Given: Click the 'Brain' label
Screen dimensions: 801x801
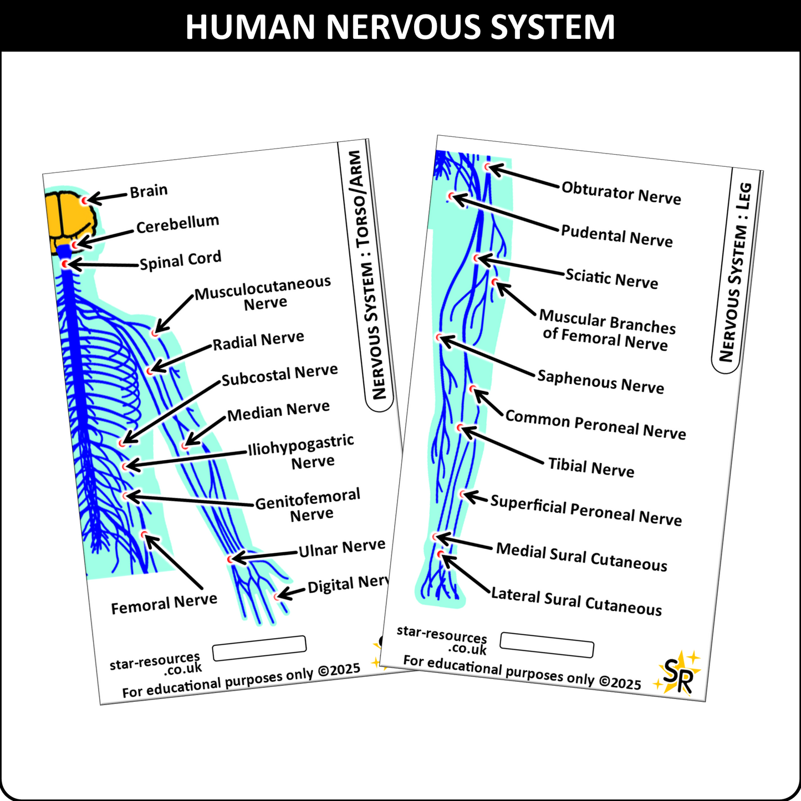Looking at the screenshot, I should pyautogui.click(x=149, y=191).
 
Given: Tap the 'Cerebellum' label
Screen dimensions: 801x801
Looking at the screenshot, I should pyautogui.click(x=177, y=224).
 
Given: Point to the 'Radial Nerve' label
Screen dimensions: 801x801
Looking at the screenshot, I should pyautogui.click(x=258, y=340).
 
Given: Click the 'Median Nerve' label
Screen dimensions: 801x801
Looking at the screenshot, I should pyautogui.click(x=278, y=411).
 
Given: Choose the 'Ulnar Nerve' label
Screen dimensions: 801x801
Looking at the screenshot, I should pyautogui.click(x=341, y=548).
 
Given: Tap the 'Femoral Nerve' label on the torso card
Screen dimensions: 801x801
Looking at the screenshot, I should pyautogui.click(x=164, y=604).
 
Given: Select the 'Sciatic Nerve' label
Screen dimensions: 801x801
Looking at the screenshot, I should pyautogui.click(x=611, y=278).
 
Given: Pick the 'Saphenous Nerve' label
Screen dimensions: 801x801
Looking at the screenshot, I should pyautogui.click(x=600, y=381).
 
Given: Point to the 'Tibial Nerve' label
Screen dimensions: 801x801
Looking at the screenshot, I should pyautogui.click(x=591, y=467).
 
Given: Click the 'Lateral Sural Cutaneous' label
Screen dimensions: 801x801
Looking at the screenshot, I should pyautogui.click(x=576, y=601).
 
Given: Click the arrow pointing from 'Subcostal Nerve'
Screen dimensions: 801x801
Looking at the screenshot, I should pyautogui.click(x=170, y=412).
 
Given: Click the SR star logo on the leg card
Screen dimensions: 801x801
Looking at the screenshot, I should pyautogui.click(x=678, y=673).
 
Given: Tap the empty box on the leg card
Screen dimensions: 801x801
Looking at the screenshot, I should pyautogui.click(x=547, y=645).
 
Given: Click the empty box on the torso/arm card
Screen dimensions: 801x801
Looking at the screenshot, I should pyautogui.click(x=259, y=648).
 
